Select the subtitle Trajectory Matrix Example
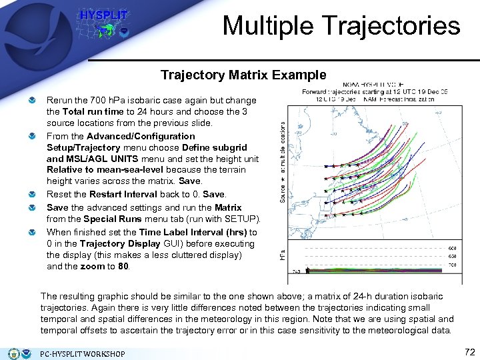coord(243,75)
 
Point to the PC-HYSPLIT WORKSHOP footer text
coord(83,353)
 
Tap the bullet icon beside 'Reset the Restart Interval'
coord(32,195)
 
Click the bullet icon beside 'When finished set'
coord(32,233)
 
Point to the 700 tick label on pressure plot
coord(451,265)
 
